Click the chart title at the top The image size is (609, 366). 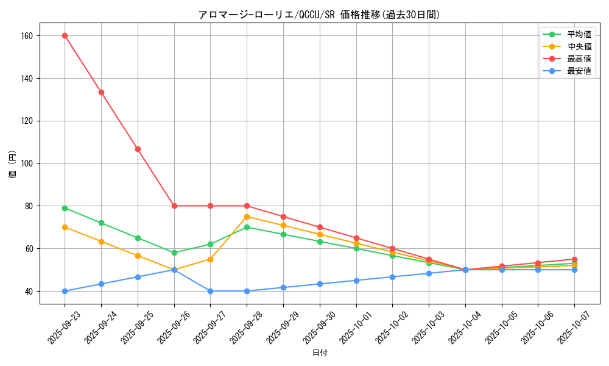pyautogui.click(x=319, y=15)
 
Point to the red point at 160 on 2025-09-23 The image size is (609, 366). pyautogui.click(x=65, y=35)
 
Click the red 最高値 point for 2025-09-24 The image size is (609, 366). pyautogui.click(x=101, y=92)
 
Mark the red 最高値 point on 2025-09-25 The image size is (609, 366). pyautogui.click(x=138, y=149)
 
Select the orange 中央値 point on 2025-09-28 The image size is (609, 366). pyautogui.click(x=247, y=217)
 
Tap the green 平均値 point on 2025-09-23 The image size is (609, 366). pyautogui.click(x=65, y=208)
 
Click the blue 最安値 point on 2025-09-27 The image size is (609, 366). pyautogui.click(x=210, y=291)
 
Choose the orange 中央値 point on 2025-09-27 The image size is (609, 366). pyautogui.click(x=210, y=259)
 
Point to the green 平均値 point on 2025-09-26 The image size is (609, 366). pyautogui.click(x=174, y=253)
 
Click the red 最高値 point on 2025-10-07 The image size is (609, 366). pyautogui.click(x=574, y=259)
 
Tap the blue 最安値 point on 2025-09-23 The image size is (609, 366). pyautogui.click(x=65, y=291)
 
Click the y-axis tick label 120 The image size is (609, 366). pyautogui.click(x=26, y=121)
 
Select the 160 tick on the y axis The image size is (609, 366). pyautogui.click(x=26, y=35)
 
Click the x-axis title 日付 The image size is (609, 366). pyautogui.click(x=320, y=353)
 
